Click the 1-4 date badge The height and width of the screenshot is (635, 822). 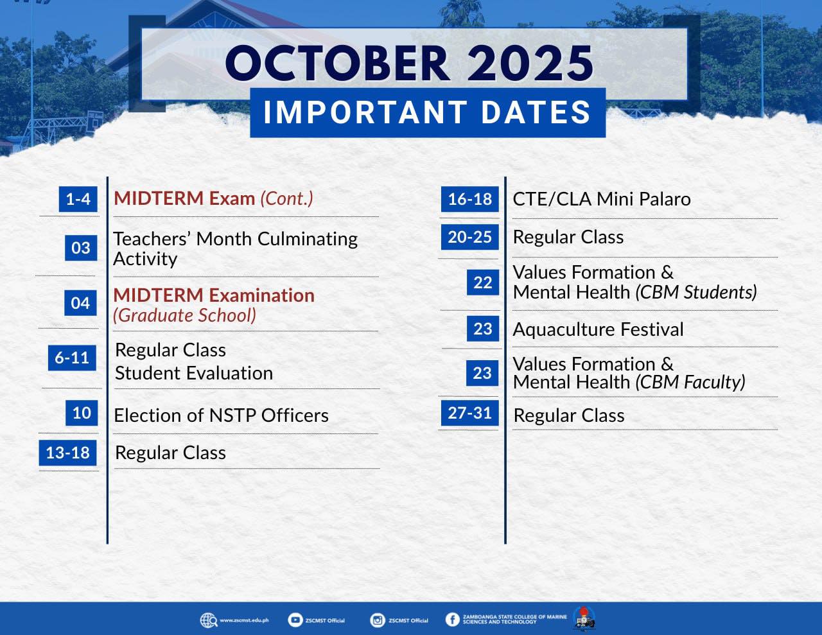pos(78,199)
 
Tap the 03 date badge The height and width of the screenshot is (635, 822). pos(81,248)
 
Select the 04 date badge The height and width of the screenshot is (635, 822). pos(80,303)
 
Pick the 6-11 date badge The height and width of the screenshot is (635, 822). pos(72,358)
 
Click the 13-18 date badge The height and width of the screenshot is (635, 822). pos(67,453)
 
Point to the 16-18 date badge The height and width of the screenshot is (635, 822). pos(470,199)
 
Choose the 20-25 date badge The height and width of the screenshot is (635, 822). pos(470,237)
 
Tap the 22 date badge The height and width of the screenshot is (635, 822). pos(483,283)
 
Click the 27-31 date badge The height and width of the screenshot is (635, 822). pos(470,413)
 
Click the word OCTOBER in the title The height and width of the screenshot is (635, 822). pos(338,63)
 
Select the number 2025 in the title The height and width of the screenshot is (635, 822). pos(530,63)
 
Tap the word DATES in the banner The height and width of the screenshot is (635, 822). pos(536,112)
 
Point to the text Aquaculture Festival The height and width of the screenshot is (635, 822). pos(598,329)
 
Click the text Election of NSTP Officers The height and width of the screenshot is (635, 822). pos(222,415)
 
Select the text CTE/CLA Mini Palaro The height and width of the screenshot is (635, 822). pos(602,199)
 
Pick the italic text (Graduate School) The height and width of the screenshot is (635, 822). pos(184,315)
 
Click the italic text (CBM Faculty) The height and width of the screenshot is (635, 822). pos(690,382)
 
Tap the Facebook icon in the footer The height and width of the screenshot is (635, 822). pos(452,620)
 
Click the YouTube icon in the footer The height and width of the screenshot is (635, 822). pos(295,620)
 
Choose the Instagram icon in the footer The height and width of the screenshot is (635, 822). pos(377,620)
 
